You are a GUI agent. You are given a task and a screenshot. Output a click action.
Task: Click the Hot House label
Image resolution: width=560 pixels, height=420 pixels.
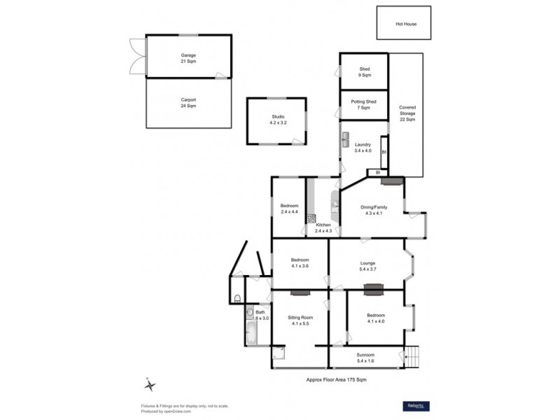pos(405,24)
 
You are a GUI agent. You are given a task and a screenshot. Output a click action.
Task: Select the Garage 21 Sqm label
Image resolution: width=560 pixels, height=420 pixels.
pos(188,58)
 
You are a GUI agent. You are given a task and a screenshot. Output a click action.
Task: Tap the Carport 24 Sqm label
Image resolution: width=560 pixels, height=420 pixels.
pos(188,103)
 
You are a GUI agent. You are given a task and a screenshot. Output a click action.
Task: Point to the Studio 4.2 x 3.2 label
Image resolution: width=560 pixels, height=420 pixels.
pos(279,120)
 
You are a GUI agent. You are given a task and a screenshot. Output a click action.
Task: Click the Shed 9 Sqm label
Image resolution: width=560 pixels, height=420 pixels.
pos(364,72)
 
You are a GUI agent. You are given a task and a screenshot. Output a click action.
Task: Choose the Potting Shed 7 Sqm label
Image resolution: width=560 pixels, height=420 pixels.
pos(364,104)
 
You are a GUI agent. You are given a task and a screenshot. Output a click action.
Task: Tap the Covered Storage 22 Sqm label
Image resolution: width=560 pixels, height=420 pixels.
pos(407,113)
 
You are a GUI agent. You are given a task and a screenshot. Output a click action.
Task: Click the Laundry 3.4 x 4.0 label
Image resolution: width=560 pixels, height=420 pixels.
pos(362,148)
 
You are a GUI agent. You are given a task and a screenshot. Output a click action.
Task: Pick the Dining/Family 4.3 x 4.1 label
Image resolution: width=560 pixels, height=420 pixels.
pos(373,211)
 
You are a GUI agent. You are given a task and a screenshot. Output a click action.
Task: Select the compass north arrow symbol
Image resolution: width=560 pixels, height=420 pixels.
pos(150,384)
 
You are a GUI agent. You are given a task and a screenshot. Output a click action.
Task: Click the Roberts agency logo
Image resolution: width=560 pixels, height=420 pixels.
pos(416,406)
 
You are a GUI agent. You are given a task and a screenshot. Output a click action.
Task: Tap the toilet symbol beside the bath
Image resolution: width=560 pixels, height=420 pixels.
pos(238,298)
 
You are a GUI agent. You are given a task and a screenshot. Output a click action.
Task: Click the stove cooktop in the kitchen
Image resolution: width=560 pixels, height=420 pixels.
pos(310,219)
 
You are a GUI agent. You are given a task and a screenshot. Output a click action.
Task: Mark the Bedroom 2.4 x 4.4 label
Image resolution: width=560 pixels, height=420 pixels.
pos(289,209)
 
